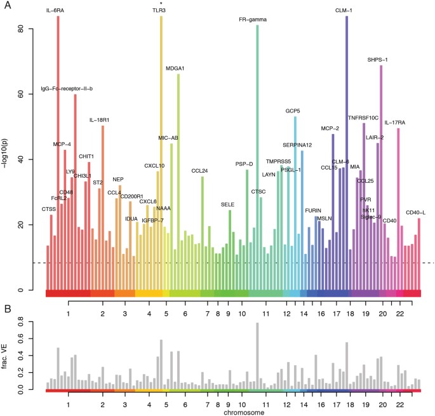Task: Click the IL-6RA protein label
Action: [58, 11]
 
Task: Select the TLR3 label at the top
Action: [161, 11]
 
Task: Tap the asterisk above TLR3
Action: [161, 3]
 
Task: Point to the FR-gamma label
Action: [252, 20]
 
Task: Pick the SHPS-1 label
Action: [377, 60]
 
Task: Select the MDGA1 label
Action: [175, 69]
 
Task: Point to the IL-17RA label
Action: [396, 123]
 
